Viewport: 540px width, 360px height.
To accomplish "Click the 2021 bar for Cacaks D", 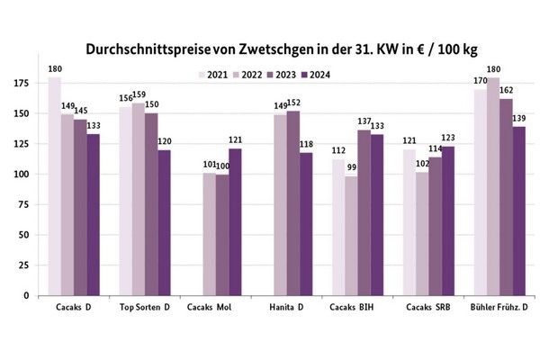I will (x=55, y=186).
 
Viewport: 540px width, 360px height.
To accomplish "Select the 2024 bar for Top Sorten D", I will (x=164, y=222).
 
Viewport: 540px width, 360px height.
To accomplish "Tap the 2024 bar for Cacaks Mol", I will (x=236, y=221).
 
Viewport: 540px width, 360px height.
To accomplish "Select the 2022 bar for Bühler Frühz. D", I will (x=491, y=186).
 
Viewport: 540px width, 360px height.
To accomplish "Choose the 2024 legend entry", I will (x=315, y=75).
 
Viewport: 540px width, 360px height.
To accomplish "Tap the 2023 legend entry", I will (x=281, y=75).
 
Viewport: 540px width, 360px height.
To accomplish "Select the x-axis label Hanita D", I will (x=286, y=309).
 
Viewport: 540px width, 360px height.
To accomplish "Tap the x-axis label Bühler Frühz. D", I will (x=498, y=309).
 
